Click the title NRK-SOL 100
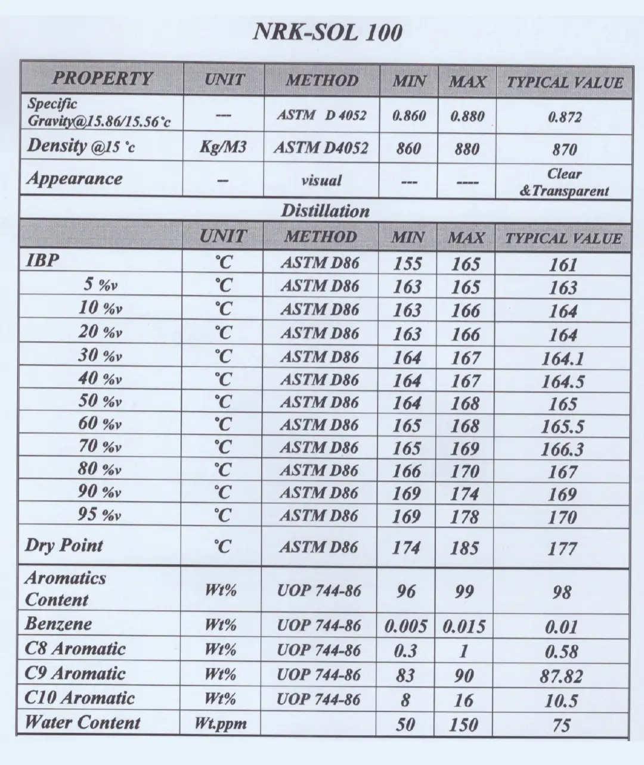coord(327,32)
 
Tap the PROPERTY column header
coord(102,79)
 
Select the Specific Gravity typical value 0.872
coord(564,117)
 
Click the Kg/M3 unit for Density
coord(223,148)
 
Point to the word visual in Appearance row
coord(321,180)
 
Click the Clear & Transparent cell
coord(564,182)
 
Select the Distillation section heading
coord(325,211)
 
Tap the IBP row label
coord(43,260)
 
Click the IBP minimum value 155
coord(407,263)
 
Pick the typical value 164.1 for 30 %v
coord(562,359)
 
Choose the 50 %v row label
coord(100,401)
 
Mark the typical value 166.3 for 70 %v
coord(562,449)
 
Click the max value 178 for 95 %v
coord(465,517)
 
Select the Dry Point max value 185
coord(465,548)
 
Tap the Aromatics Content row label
coord(66,589)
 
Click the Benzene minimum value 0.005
coord(405,626)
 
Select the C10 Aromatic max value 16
coord(463,701)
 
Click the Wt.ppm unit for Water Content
coord(221,724)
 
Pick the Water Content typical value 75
coord(561,725)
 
